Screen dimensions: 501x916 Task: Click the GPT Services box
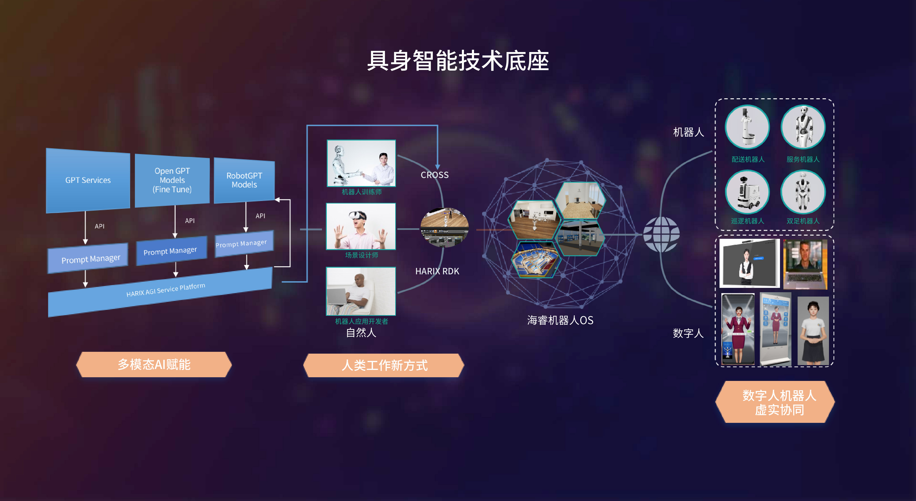tap(88, 180)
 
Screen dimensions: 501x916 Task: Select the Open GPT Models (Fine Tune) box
tap(172, 180)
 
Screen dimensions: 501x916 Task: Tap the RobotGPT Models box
tap(244, 180)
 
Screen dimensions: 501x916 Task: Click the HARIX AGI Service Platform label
tap(166, 290)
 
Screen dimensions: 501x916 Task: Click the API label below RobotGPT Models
tap(260, 216)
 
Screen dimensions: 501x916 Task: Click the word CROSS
tap(435, 175)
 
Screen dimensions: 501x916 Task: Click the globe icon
tap(661, 234)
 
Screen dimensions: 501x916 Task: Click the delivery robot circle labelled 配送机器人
tap(747, 127)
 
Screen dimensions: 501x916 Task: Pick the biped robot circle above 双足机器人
tap(803, 192)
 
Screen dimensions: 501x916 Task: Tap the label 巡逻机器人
tap(747, 221)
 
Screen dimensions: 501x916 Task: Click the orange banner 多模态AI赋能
tap(154, 365)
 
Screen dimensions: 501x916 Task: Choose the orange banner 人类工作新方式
tap(384, 365)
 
